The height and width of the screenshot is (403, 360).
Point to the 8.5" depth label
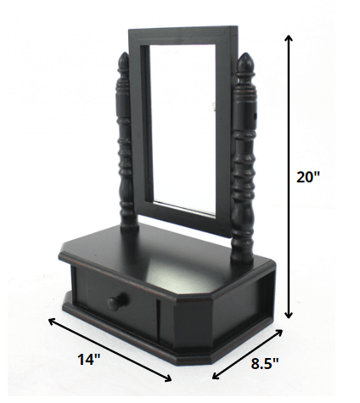(266, 365)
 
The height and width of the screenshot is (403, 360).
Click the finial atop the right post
(245, 62)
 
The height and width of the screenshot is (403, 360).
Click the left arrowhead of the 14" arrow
(50, 321)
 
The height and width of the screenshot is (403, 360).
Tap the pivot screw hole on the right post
(253, 113)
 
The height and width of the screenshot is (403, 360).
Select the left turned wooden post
(125, 153)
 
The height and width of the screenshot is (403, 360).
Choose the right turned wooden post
(244, 161)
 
